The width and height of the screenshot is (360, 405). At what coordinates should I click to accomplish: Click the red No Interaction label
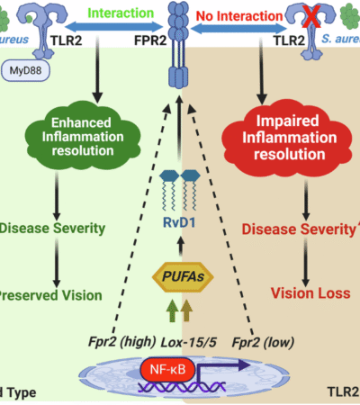coord(242,15)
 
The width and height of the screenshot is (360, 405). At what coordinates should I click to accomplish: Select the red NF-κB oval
coord(166,368)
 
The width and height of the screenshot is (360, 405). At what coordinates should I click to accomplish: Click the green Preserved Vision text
coord(49,292)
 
